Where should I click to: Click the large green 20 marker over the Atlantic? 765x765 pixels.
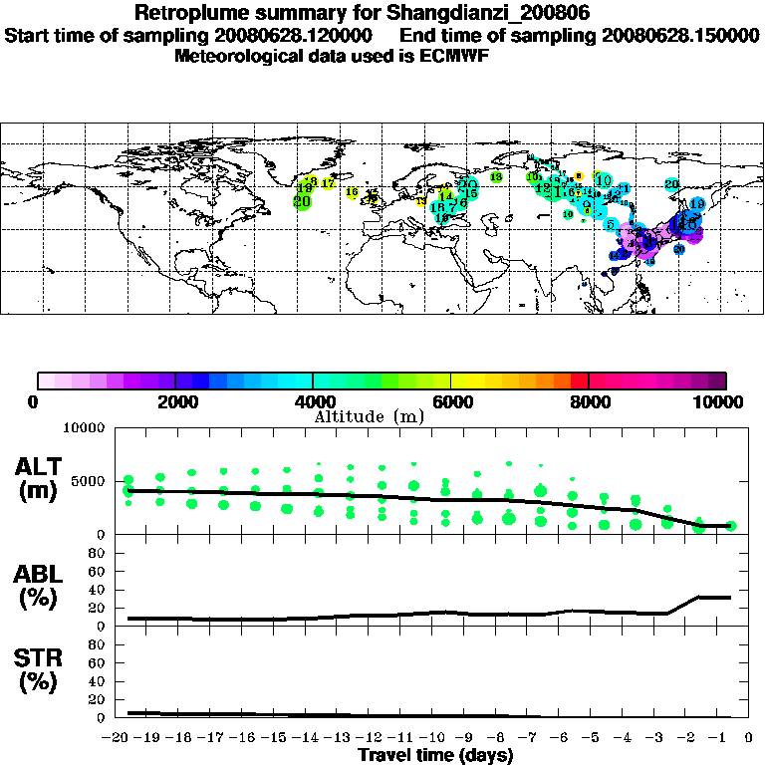coord(302,201)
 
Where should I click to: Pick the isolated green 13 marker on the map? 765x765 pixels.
coord(496,177)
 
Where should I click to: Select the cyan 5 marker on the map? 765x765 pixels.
coord(610,224)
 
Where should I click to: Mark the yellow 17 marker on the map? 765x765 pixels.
coord(328,183)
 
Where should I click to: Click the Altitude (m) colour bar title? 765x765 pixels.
coord(370,415)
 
